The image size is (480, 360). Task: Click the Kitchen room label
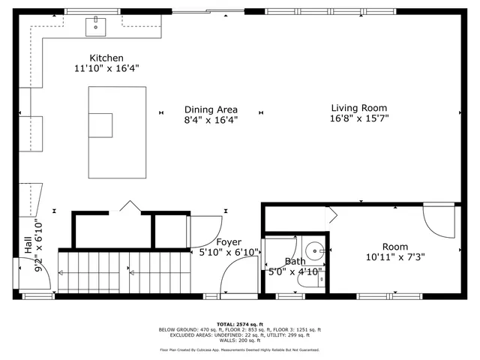point(106,58)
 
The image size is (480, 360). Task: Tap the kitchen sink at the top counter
point(96,27)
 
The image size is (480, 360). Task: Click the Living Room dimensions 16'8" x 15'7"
point(359,118)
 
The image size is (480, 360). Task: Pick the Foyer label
point(229,241)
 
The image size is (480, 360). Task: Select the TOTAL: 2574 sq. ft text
point(239,323)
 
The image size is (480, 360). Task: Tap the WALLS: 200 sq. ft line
point(239,341)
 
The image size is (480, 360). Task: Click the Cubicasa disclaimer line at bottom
point(239,349)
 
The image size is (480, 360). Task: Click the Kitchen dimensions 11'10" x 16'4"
point(106,68)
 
